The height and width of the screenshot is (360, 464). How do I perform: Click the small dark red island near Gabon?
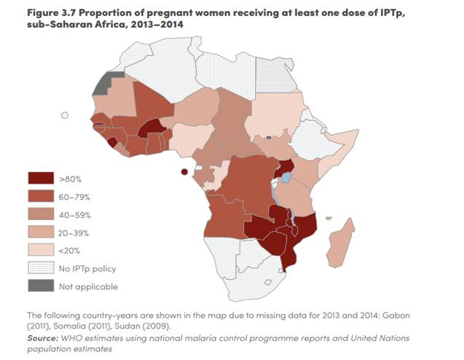184,172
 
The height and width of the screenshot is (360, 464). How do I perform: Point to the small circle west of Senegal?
65,114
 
